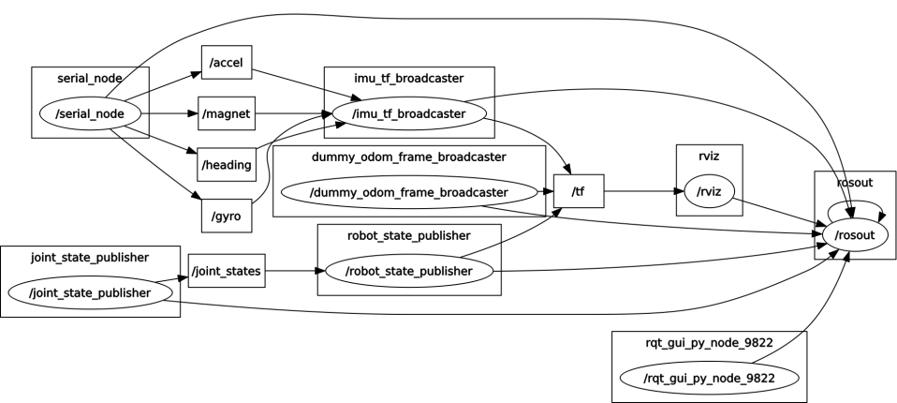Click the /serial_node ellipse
point(91,114)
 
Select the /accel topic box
point(227,62)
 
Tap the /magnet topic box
point(227,113)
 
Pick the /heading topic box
point(227,165)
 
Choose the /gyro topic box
point(227,216)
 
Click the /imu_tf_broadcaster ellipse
point(408,114)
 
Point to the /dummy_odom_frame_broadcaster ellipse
point(408,192)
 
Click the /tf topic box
point(578,192)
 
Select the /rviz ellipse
point(709,192)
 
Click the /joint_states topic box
point(227,271)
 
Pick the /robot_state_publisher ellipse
point(408,272)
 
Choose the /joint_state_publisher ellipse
point(91,292)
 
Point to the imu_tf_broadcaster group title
point(408,78)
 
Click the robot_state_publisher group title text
point(408,235)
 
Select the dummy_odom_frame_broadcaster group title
point(408,156)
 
